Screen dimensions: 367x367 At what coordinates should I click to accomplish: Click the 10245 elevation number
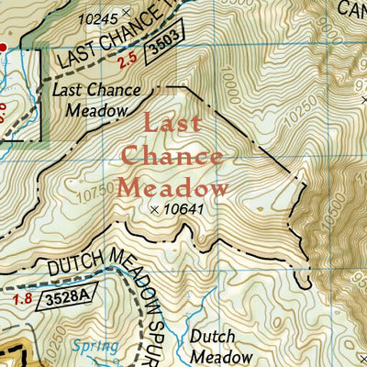tap(99, 18)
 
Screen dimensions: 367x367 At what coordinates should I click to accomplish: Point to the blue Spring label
tap(97, 346)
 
